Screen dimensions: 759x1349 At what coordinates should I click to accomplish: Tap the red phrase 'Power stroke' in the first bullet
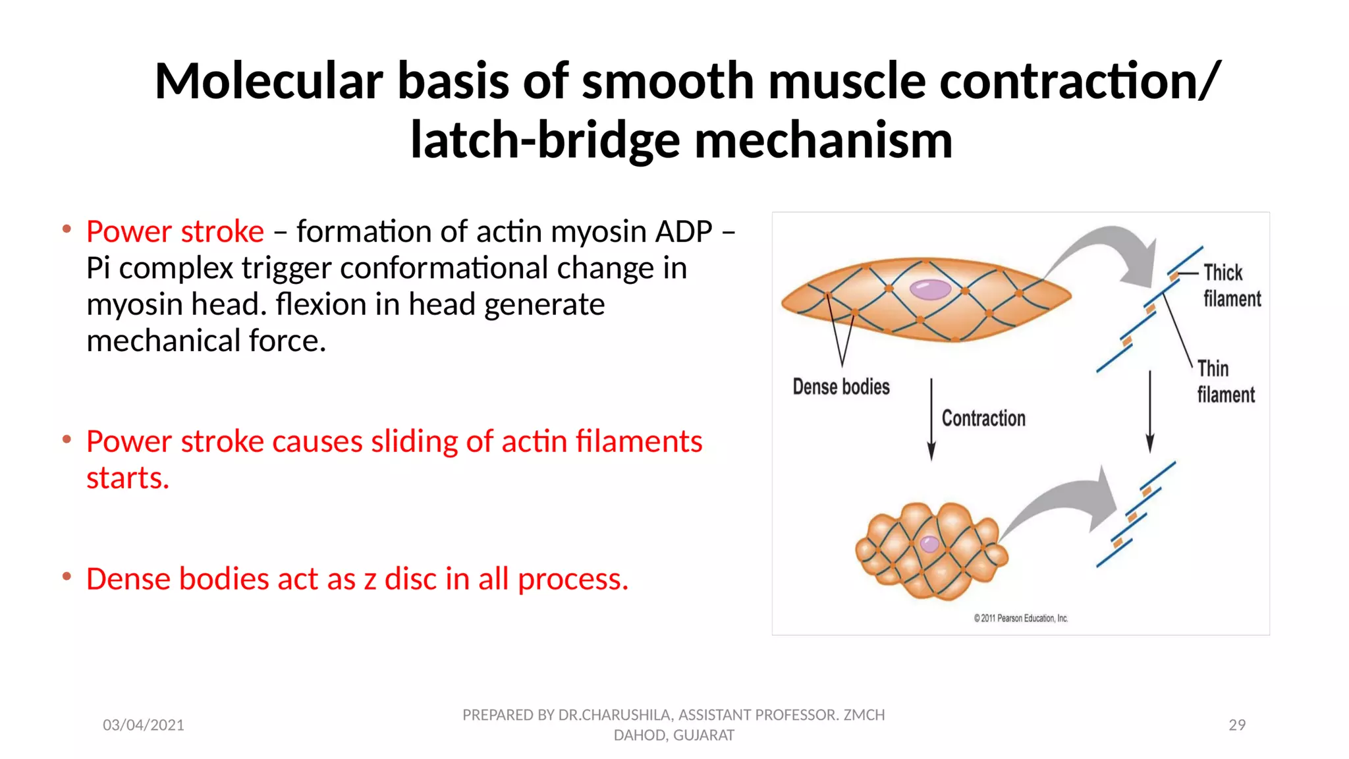click(175, 232)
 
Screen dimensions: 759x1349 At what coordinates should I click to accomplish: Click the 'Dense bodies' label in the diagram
click(840, 387)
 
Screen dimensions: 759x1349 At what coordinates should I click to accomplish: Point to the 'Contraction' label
click(983, 418)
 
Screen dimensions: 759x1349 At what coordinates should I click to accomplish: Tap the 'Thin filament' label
click(1225, 381)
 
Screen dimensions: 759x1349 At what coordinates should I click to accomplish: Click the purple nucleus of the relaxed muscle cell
click(930, 289)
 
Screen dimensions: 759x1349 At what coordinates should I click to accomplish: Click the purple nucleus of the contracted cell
click(929, 544)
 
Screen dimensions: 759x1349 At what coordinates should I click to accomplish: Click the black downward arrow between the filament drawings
click(1150, 412)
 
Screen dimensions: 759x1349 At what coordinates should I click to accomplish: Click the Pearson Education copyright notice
click(1020, 619)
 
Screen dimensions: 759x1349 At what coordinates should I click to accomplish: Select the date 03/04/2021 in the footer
click(143, 725)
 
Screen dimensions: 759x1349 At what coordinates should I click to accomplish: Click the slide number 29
click(1237, 725)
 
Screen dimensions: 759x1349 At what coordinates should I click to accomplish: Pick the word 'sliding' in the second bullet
click(414, 441)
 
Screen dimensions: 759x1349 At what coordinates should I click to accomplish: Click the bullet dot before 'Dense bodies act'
click(67, 577)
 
